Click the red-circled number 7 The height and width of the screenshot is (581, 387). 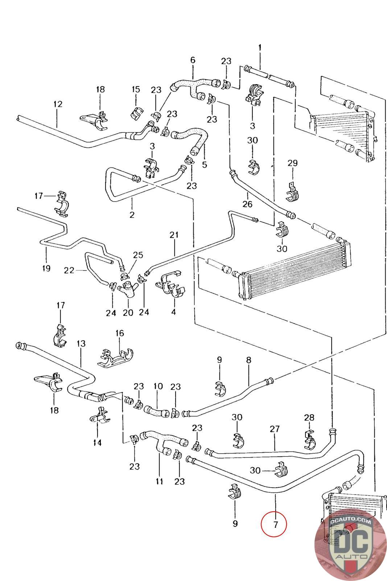pyautogui.click(x=274, y=524)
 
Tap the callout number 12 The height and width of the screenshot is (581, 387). pyautogui.click(x=57, y=104)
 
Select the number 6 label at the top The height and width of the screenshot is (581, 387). pyautogui.click(x=192, y=60)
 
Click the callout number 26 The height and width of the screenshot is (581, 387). pyautogui.click(x=247, y=204)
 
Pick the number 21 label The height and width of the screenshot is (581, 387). pyautogui.click(x=174, y=235)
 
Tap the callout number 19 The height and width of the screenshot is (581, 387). pyautogui.click(x=46, y=268)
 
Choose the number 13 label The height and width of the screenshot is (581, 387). pyautogui.click(x=81, y=343)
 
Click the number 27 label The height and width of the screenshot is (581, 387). pyautogui.click(x=275, y=429)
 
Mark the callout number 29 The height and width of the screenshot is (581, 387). pyautogui.click(x=292, y=163)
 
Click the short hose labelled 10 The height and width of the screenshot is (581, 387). pyautogui.click(x=157, y=411)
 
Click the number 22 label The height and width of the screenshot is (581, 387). pyautogui.click(x=69, y=270)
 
